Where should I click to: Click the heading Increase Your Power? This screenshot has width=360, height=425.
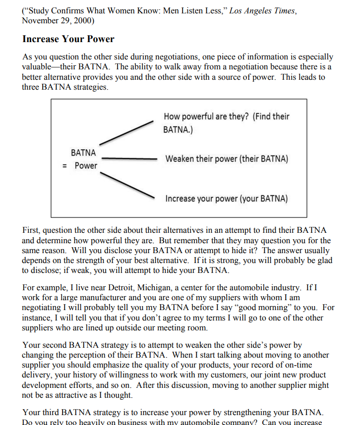(68, 39)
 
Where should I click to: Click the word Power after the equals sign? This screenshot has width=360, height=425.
(86, 165)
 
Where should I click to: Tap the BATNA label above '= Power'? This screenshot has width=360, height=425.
(83, 153)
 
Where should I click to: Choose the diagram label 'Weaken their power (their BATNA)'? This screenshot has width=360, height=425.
(227, 159)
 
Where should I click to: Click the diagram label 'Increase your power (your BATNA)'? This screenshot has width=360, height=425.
(226, 199)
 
